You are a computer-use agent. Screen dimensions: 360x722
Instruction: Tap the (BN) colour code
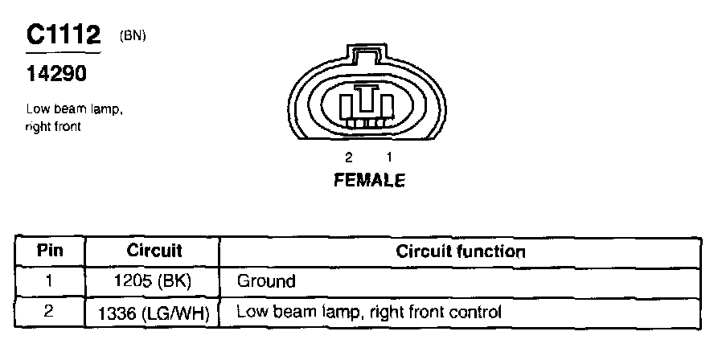(x=133, y=35)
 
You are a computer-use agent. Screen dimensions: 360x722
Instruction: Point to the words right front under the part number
(x=53, y=126)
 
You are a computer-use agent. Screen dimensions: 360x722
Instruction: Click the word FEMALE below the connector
(x=369, y=181)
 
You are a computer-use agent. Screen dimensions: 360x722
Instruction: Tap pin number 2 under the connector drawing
(x=348, y=157)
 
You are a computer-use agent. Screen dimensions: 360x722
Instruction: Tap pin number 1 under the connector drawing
(x=389, y=157)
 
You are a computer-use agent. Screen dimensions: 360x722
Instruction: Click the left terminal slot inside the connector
(x=347, y=105)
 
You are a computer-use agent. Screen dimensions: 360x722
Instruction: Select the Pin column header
(x=50, y=251)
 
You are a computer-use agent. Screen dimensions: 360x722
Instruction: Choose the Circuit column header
(x=154, y=251)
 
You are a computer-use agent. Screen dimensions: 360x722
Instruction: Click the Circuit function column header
(x=461, y=251)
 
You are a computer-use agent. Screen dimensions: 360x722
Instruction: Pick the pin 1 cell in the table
(x=50, y=281)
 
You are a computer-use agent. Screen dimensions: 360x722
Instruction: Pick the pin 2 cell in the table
(x=50, y=311)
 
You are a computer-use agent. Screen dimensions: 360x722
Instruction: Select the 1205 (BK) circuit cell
(x=154, y=281)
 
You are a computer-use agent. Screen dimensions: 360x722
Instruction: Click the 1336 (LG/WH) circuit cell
(x=154, y=312)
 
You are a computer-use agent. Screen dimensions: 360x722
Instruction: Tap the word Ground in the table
(x=266, y=281)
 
